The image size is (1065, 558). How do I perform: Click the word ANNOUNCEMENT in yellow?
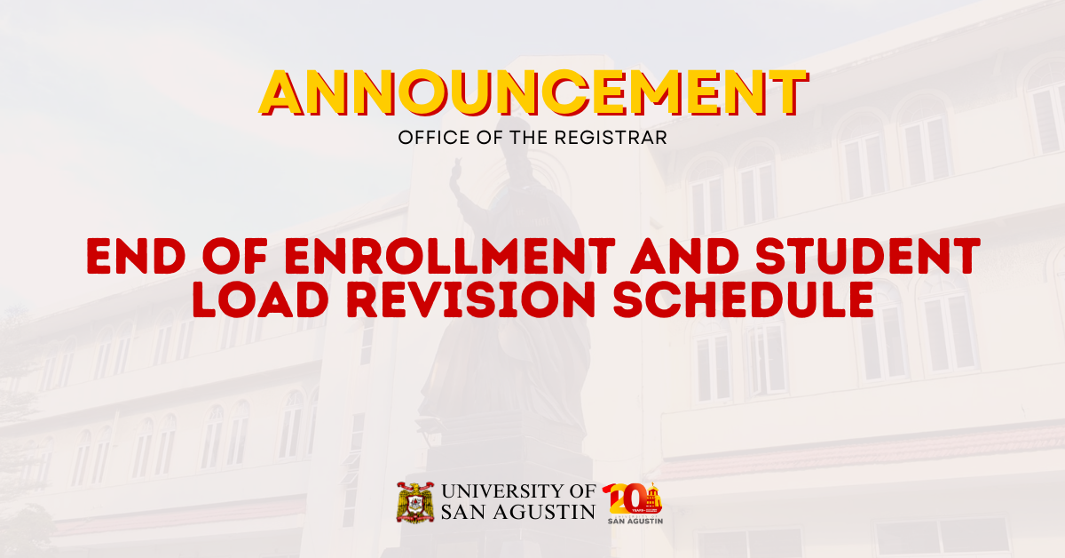532,92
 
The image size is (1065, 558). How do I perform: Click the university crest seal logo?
414,502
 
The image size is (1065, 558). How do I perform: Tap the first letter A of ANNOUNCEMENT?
287,92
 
